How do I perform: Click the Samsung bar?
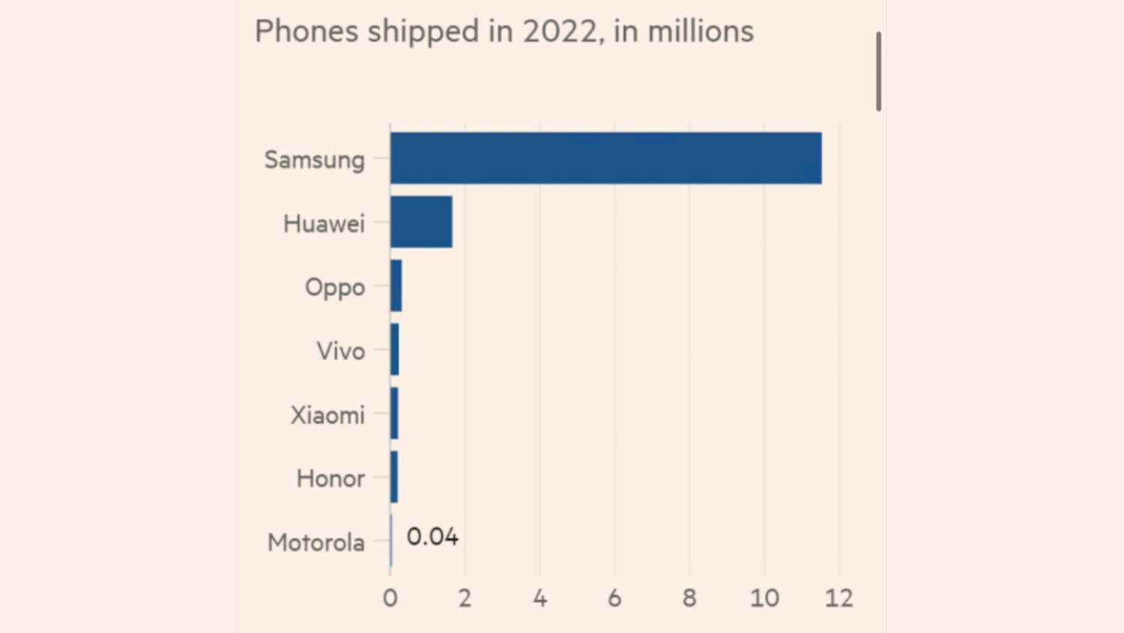click(x=605, y=158)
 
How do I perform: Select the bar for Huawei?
click(x=421, y=222)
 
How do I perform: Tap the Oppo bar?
click(x=396, y=286)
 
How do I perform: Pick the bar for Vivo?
click(x=395, y=349)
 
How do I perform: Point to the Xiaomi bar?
click(x=394, y=413)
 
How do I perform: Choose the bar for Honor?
click(x=394, y=477)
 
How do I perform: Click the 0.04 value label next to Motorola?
click(x=432, y=537)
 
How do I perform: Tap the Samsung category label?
click(x=315, y=160)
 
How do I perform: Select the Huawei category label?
click(x=324, y=223)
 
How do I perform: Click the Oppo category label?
click(x=335, y=287)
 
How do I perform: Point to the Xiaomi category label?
click(x=327, y=415)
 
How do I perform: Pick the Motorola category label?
click(x=316, y=542)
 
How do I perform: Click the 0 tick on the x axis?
click(x=390, y=598)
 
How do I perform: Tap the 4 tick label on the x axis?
click(x=540, y=598)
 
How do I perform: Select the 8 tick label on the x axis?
click(x=689, y=598)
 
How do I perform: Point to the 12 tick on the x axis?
click(x=839, y=598)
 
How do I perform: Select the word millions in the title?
click(x=701, y=31)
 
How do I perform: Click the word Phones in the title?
click(x=306, y=31)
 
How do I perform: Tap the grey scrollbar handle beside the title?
click(x=878, y=71)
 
